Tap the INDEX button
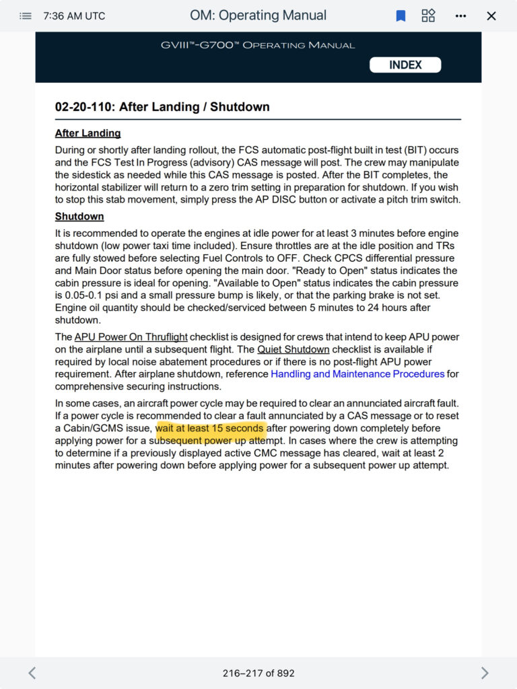[x=405, y=65]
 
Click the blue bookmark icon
[x=401, y=15]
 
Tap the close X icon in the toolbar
[x=491, y=15]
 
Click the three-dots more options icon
[x=460, y=15]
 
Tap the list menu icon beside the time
[x=26, y=15]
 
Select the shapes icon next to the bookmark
[x=428, y=15]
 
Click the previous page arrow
[x=32, y=673]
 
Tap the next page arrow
[x=485, y=673]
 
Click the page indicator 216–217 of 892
[x=258, y=673]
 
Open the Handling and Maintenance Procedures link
[x=357, y=373]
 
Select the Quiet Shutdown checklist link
[x=294, y=349]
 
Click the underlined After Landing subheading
[x=88, y=133]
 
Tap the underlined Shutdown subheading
[x=79, y=217]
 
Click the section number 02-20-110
[x=83, y=107]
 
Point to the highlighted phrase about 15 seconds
[x=211, y=428]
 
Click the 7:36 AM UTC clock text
[x=74, y=15]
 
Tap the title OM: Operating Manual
[x=258, y=15]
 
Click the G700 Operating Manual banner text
[x=258, y=45]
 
